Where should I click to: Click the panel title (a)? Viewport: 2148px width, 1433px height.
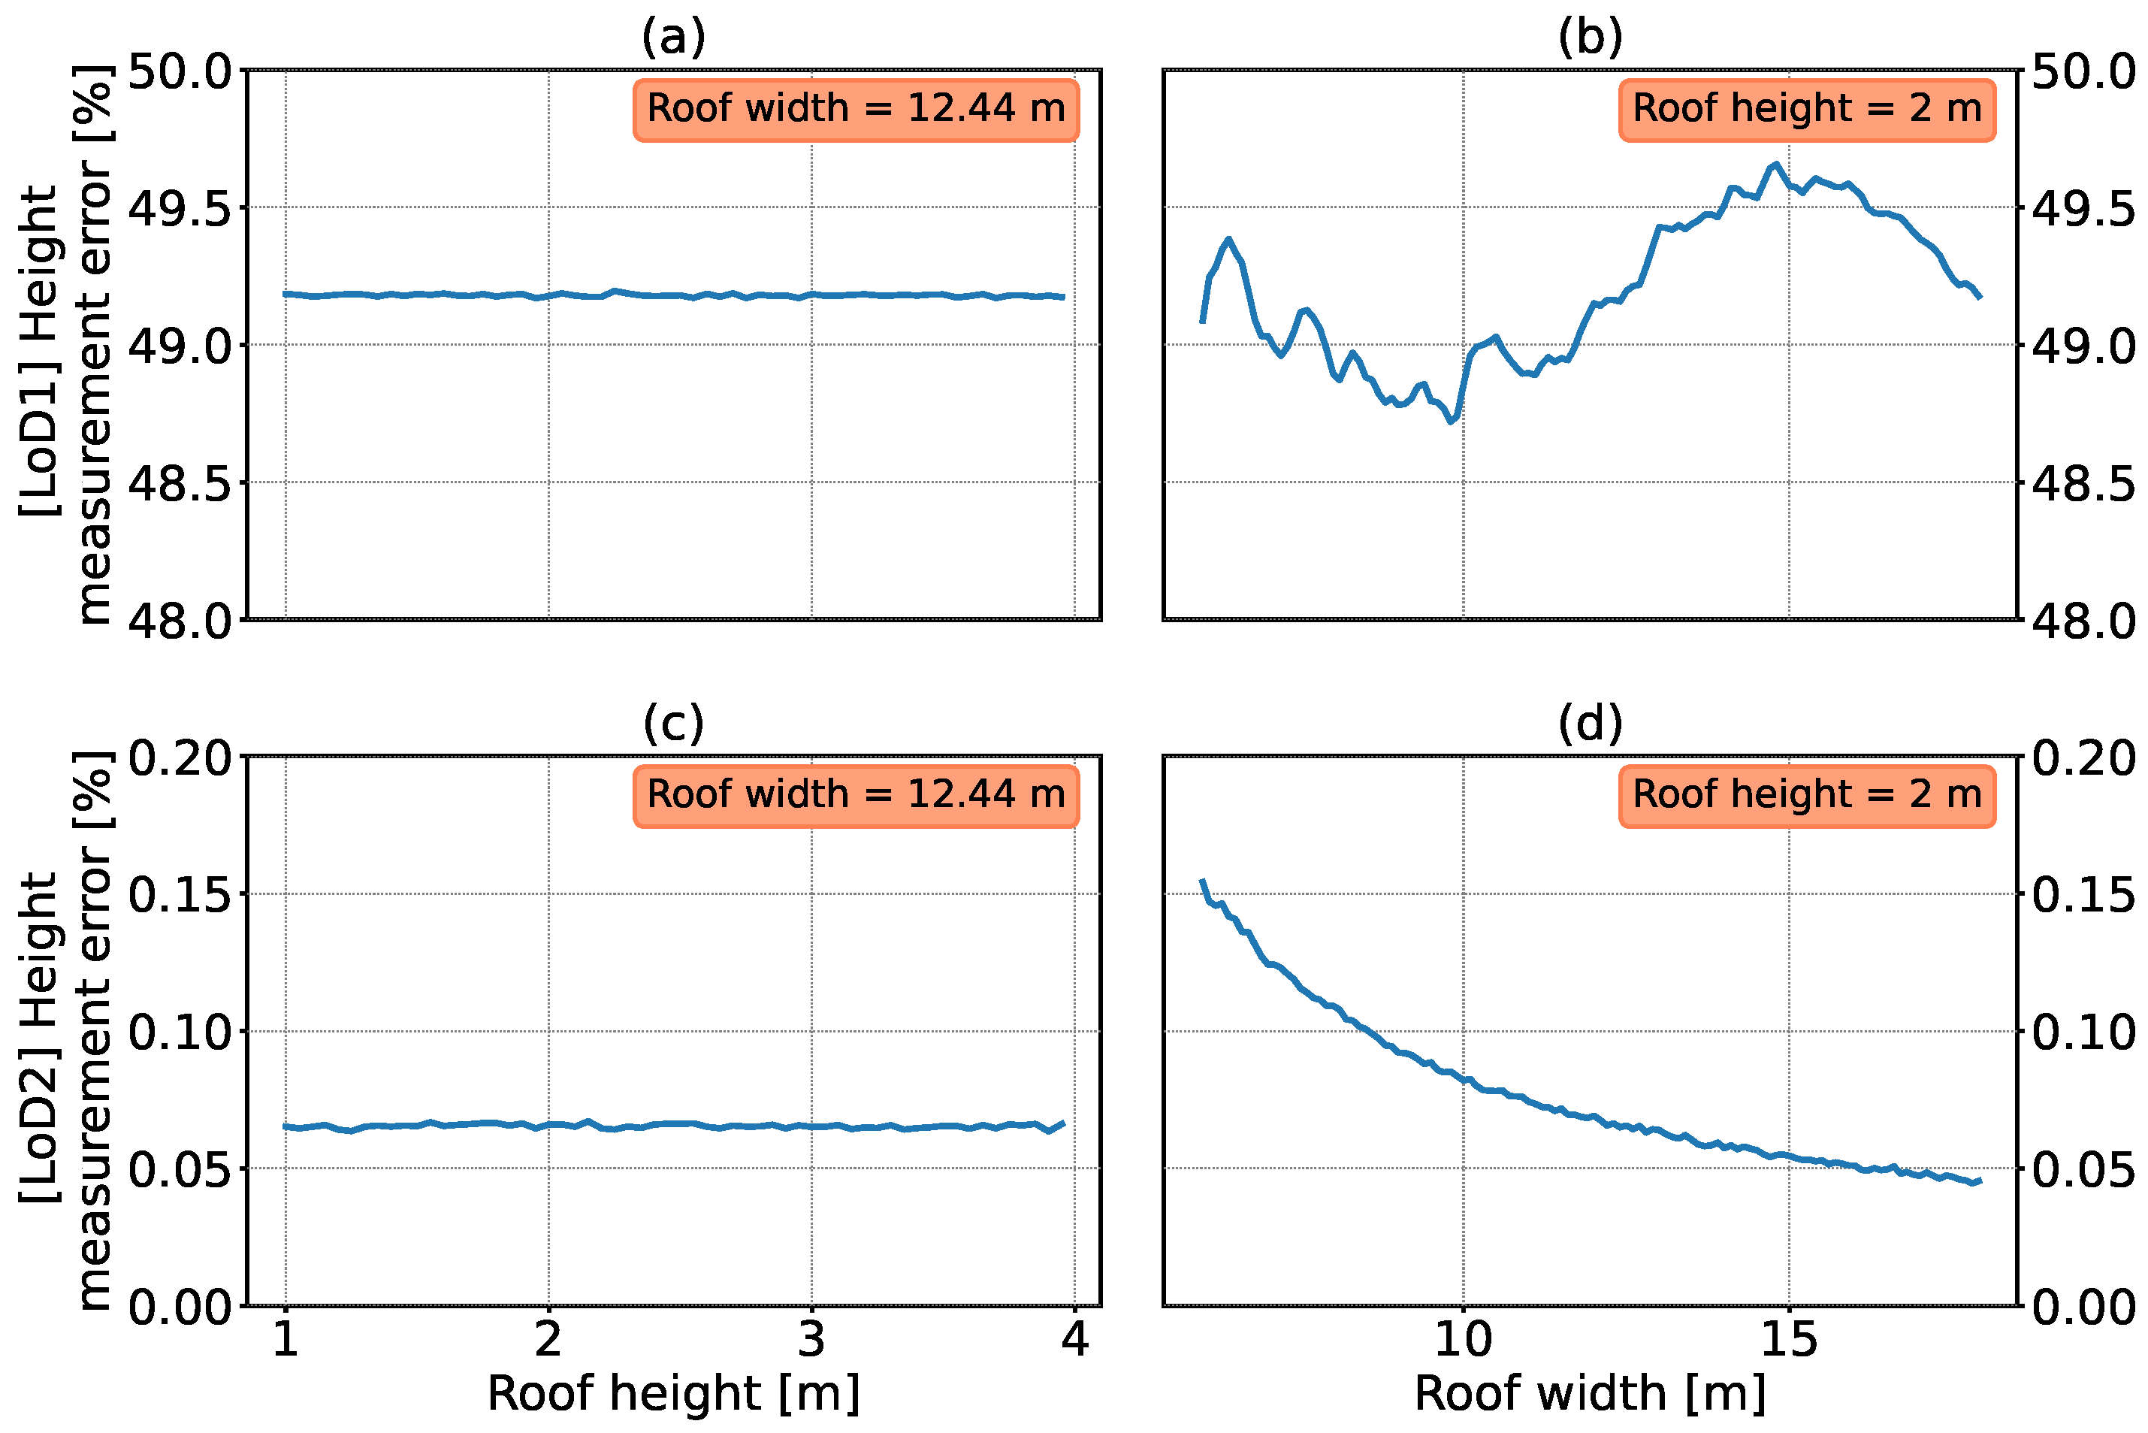[x=673, y=38]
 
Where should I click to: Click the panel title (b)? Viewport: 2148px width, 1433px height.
[x=1590, y=38]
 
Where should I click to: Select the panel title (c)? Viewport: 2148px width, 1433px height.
[x=673, y=724]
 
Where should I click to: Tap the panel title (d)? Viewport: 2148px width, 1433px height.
[x=1590, y=724]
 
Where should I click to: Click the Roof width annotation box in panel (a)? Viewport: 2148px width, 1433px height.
[x=856, y=109]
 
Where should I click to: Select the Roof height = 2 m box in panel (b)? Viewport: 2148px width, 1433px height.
[x=1806, y=109]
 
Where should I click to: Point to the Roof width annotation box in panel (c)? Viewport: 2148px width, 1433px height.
[x=856, y=794]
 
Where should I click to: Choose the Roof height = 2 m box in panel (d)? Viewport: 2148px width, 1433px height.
[x=1806, y=794]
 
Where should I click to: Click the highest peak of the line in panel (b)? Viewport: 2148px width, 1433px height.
[x=1775, y=165]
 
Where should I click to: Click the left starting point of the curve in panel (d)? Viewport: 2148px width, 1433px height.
[x=1202, y=880]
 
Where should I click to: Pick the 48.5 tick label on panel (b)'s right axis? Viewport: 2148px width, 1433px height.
[x=2084, y=483]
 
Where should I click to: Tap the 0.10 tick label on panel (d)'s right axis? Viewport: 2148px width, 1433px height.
[x=2084, y=1032]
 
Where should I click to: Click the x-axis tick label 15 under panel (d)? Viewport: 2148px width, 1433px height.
[x=1788, y=1340]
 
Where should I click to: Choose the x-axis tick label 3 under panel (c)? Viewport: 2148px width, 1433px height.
[x=811, y=1340]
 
